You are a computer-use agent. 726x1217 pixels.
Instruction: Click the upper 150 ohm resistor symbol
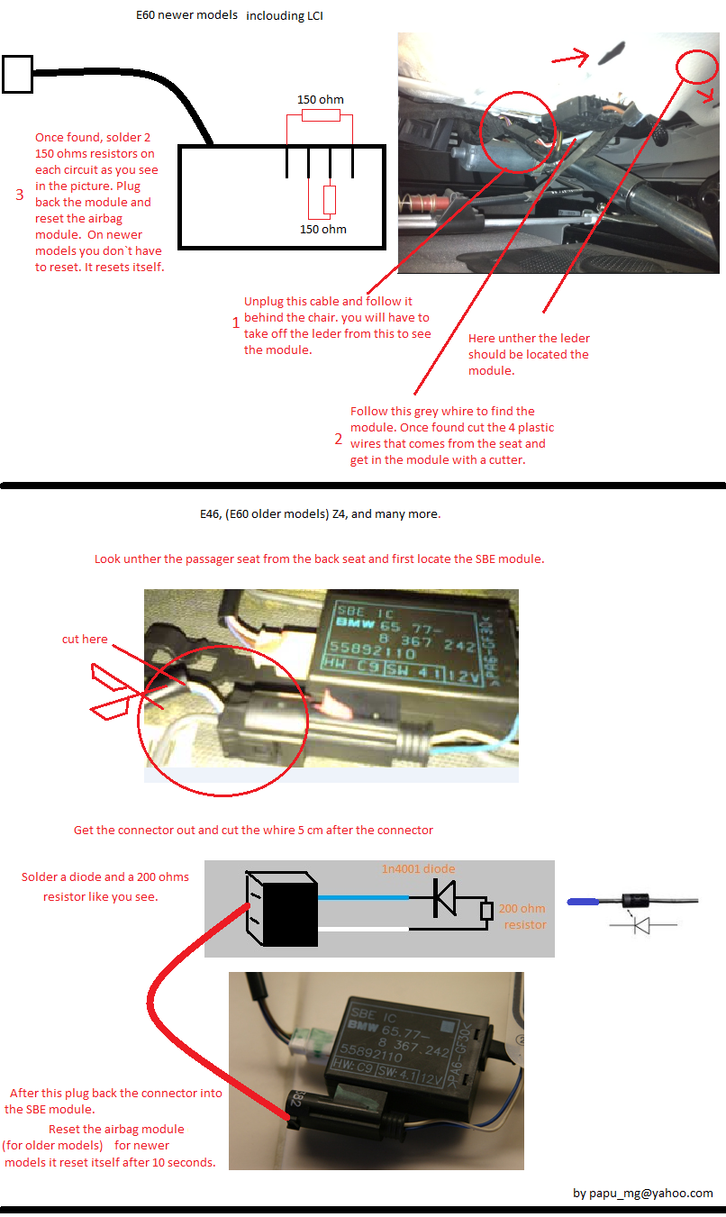coord(321,115)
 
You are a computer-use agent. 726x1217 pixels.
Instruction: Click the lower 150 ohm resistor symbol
coord(330,200)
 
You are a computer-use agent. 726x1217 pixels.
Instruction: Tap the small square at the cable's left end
coord(17,75)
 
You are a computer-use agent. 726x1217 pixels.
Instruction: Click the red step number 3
coord(20,195)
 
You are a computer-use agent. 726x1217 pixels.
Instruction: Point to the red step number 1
coord(236,322)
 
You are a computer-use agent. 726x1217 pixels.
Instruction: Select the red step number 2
coord(339,439)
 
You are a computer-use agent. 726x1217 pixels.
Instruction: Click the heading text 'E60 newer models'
coord(187,15)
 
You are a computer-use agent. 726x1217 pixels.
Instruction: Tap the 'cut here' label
coord(85,639)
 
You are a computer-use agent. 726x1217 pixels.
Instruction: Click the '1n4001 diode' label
coord(419,868)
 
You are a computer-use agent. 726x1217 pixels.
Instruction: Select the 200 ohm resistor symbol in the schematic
coord(486,910)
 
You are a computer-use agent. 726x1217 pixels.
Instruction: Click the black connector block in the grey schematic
coord(282,908)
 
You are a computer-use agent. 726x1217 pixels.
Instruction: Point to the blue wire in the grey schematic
coord(364,897)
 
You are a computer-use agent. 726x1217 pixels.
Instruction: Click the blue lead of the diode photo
coord(583,902)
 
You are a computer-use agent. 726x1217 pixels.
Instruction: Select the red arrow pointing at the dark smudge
coord(571,57)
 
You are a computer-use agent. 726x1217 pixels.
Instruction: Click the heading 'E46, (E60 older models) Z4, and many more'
coord(319,514)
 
